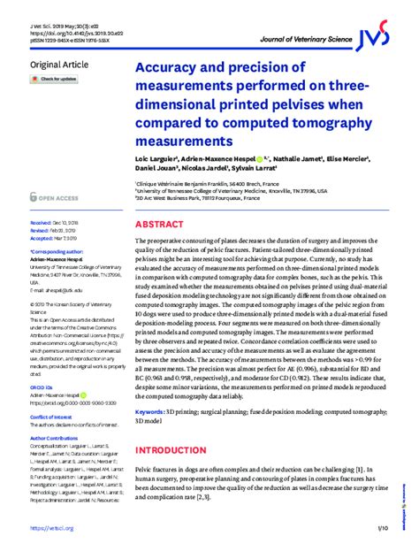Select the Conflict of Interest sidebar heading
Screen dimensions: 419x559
click(x=52, y=415)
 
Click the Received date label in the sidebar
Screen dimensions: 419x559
click(x=41, y=224)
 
